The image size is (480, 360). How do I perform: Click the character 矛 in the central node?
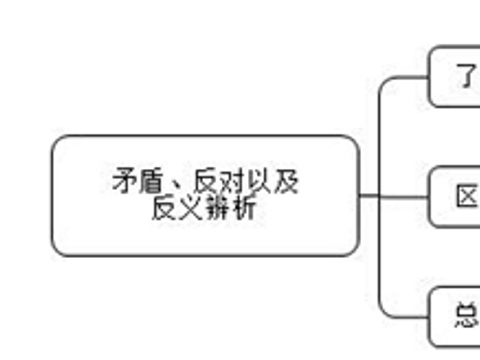click(124, 183)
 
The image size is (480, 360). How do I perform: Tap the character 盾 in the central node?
click(150, 183)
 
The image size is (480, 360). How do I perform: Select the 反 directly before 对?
click(206, 183)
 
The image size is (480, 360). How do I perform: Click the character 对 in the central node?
click(232, 183)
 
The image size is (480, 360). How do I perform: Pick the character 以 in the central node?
click(258, 183)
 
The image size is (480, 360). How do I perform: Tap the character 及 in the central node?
click(285, 183)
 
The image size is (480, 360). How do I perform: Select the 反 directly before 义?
click(165, 209)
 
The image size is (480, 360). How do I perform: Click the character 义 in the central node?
click(191, 209)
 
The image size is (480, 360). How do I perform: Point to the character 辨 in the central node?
click(218, 209)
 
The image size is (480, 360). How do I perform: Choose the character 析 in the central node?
click(245, 209)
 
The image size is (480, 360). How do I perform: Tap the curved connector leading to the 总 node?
click(387, 306)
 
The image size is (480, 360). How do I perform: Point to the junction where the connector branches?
click(380, 196)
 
